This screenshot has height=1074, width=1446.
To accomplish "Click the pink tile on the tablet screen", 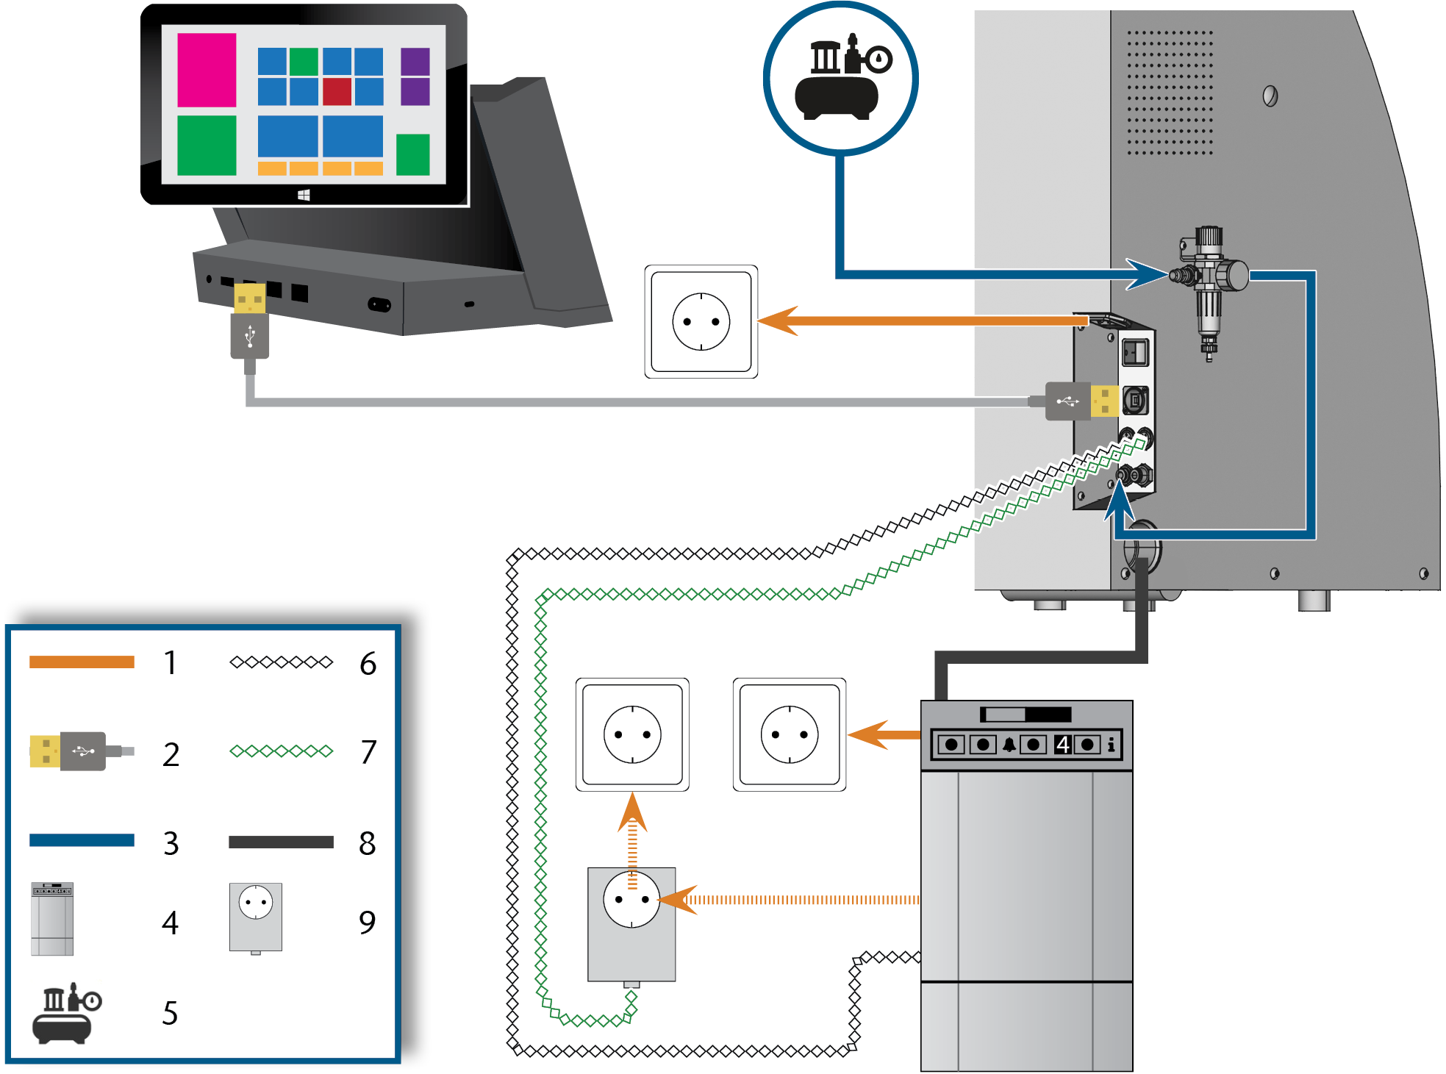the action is point(207,70).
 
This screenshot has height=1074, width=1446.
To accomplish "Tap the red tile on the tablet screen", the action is point(337,91).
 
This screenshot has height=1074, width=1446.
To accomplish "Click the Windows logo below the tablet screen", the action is point(304,195).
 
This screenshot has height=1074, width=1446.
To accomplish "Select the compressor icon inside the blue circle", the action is point(842,76).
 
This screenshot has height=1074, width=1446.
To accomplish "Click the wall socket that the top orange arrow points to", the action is point(701,322).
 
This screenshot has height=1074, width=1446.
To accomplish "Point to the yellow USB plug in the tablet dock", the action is point(249,298).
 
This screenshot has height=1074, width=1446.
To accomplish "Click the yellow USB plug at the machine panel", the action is point(1104,401).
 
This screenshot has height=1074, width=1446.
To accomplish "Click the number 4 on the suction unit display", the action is point(1062,745).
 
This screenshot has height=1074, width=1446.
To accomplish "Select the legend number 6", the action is point(368,664).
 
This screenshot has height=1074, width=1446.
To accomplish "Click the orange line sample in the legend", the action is point(82,662).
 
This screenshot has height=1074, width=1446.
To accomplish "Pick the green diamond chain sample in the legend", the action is point(282,751).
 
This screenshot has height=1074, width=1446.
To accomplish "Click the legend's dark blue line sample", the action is point(82,840).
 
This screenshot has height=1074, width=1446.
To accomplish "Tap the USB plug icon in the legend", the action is point(82,751).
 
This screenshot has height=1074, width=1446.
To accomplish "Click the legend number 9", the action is point(368,923).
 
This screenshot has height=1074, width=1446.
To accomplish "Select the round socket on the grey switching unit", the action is point(631,899).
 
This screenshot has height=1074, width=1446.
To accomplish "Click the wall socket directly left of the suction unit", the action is point(790,734).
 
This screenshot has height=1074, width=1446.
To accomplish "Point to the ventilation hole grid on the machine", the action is point(1170,93).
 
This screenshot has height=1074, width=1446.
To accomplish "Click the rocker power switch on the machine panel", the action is point(1135,352).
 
